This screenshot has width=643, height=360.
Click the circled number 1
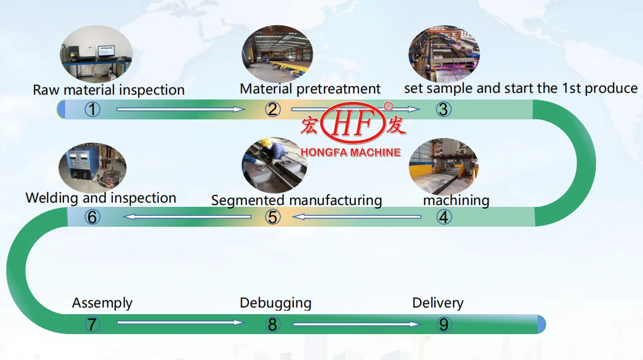(92, 110)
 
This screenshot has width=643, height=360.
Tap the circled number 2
(273, 110)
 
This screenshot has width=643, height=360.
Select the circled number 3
(443, 110)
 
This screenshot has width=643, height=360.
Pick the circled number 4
(443, 217)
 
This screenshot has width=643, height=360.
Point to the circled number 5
(273, 217)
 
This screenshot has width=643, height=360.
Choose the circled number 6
(92, 217)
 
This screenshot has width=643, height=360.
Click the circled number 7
(92, 324)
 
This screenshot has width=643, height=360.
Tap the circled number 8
(273, 324)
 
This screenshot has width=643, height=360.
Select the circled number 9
(443, 324)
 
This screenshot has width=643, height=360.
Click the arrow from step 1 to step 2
(181, 110)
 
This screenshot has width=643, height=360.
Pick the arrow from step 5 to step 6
(187, 217)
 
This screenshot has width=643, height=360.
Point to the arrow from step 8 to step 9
(356, 324)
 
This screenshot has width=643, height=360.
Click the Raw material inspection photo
(96, 54)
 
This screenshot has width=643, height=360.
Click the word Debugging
(276, 303)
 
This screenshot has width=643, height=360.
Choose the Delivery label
(438, 303)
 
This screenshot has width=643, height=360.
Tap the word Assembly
(103, 303)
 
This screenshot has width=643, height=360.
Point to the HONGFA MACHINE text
(350, 153)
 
